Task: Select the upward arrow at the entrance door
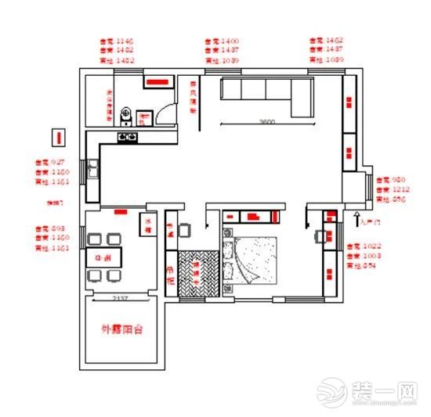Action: [x=358, y=212]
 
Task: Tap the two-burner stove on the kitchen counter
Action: [x=128, y=138]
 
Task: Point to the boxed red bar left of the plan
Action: [x=57, y=138]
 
